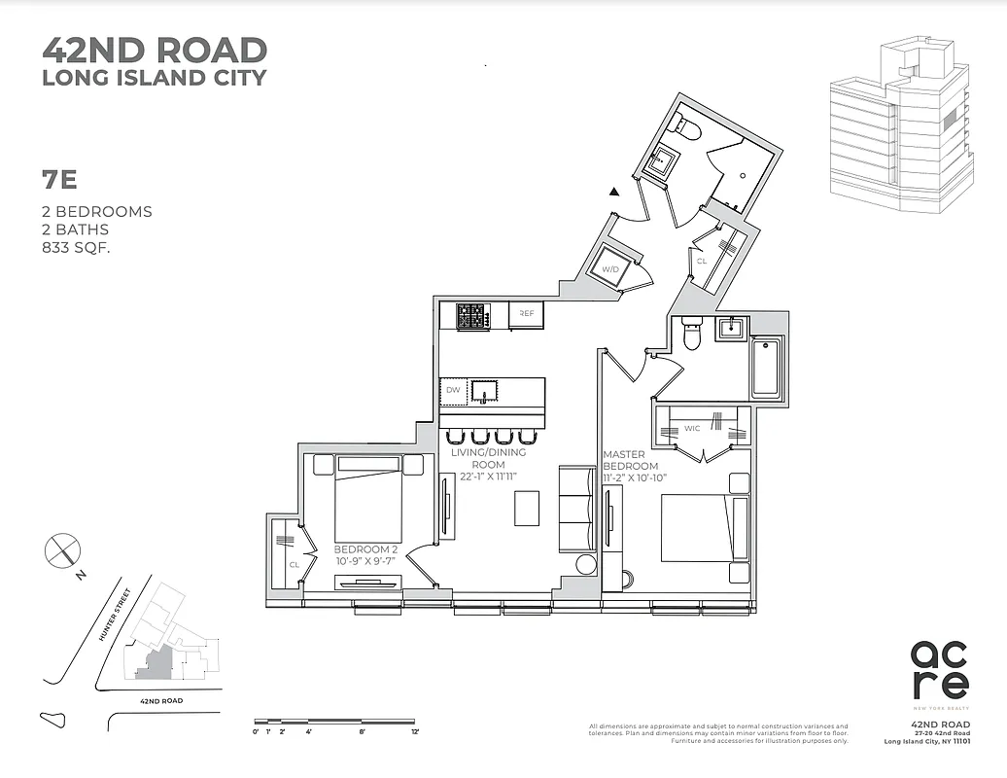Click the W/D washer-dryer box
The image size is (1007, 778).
(x=611, y=268)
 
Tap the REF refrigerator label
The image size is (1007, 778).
(x=526, y=314)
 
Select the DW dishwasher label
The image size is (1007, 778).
(x=452, y=391)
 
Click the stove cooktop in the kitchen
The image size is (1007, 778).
(x=473, y=315)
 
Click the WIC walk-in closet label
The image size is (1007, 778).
(x=691, y=427)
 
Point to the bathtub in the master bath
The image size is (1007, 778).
(x=766, y=367)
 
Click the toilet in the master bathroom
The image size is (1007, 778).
(x=692, y=334)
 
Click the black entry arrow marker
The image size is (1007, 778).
(x=613, y=192)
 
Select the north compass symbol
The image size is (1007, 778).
(x=60, y=550)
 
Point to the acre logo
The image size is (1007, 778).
(x=940, y=669)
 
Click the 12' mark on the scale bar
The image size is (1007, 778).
(x=415, y=731)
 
